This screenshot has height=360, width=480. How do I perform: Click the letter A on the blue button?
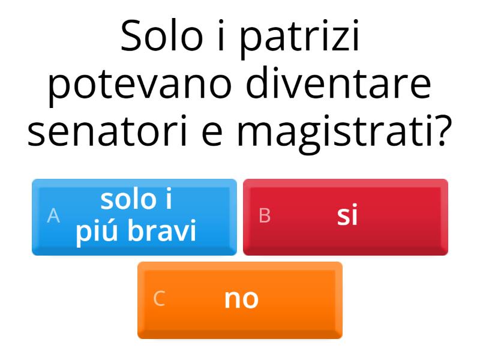click(x=53, y=216)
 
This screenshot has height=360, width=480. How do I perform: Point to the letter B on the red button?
click(x=265, y=216)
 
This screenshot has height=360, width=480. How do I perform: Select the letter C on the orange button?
click(x=159, y=299)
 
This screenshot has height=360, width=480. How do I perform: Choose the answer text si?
click(x=347, y=216)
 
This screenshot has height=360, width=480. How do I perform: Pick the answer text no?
click(x=241, y=299)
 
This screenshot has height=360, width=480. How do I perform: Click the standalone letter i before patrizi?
click(x=221, y=37)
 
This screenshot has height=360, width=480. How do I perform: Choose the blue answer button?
click(x=134, y=217)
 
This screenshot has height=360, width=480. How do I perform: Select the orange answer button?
click(x=240, y=299)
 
